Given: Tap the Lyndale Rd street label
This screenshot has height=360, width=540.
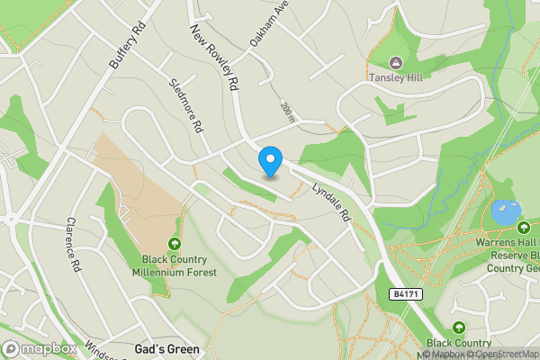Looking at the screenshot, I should (330, 203).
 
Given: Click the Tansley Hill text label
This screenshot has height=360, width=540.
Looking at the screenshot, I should (397, 77).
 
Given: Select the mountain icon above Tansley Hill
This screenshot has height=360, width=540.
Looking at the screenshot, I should (396, 62).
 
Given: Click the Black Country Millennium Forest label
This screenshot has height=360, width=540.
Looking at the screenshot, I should (174, 265).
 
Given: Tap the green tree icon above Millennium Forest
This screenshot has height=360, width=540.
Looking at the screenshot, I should (174, 244).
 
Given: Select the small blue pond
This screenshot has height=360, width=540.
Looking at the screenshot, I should (505, 214).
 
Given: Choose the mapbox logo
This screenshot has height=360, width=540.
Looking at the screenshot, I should (40, 348).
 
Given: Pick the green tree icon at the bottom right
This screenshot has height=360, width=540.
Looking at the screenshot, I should (459, 328).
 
